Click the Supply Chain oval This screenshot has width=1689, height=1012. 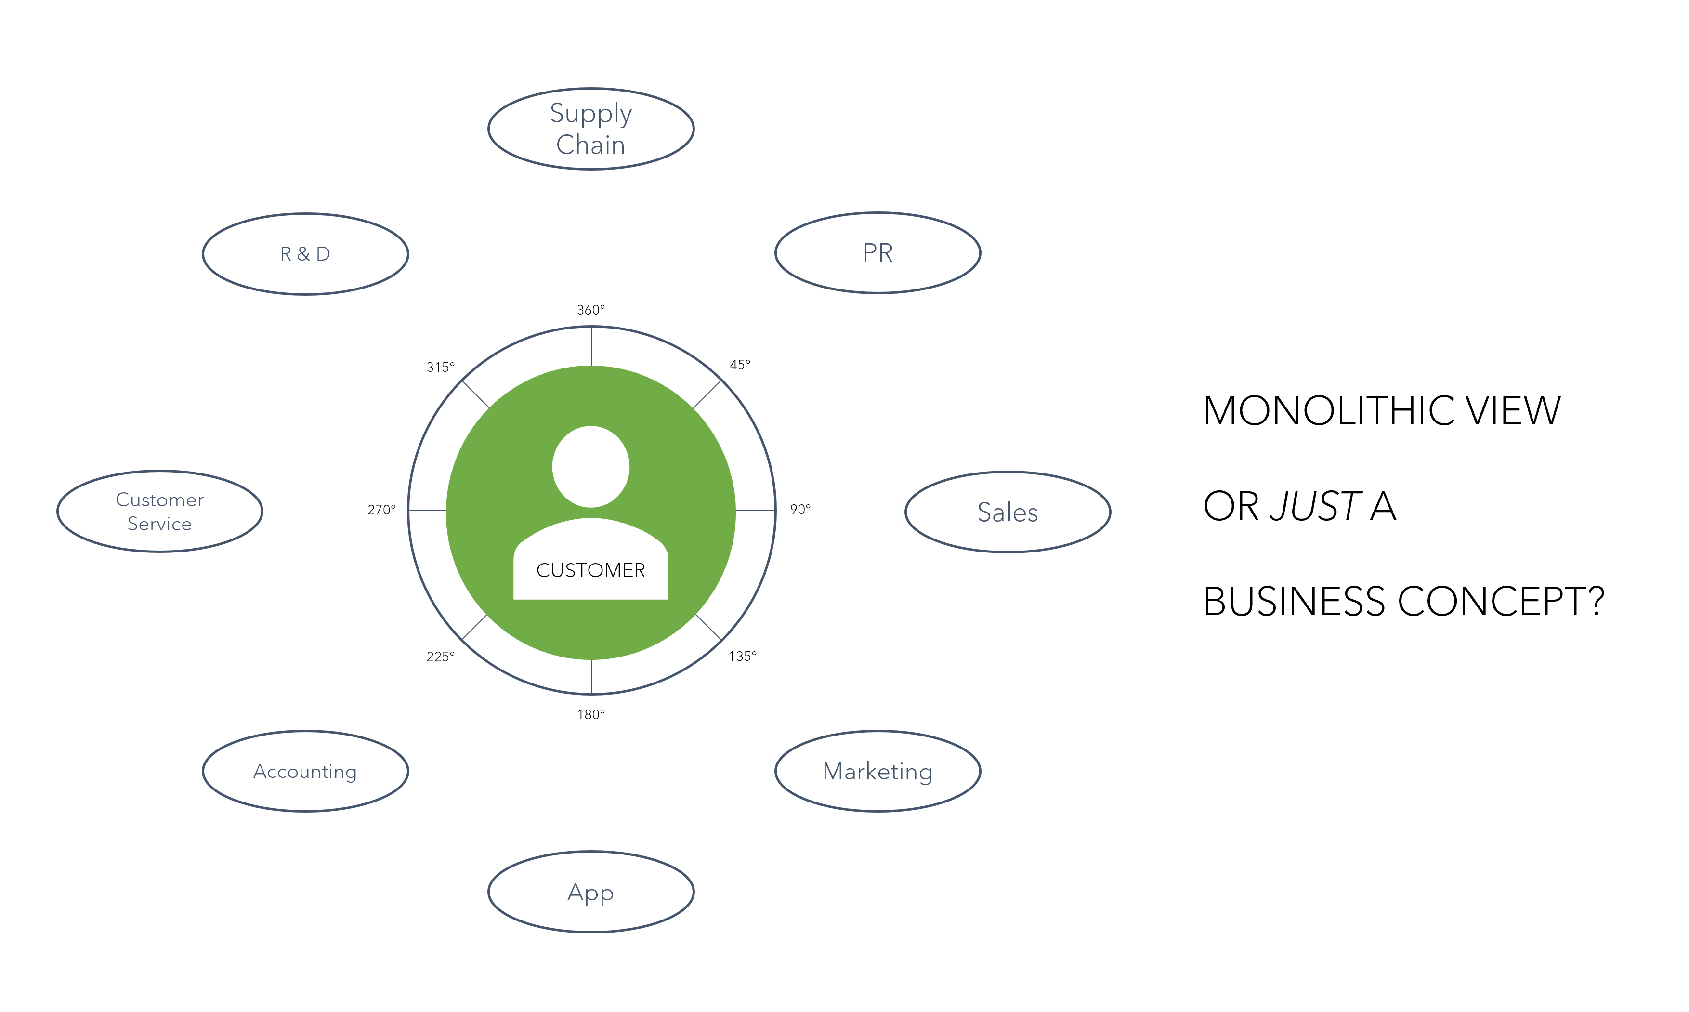pos(590,129)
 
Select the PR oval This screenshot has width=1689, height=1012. pos(877,253)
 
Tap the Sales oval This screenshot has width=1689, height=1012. pos(1007,512)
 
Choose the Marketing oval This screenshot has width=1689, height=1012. pos(877,771)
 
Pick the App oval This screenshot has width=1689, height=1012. pos(590,892)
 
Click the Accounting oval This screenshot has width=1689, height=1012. pos(305,771)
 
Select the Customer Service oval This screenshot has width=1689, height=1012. pos(159,512)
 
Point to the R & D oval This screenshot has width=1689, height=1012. pos(305,254)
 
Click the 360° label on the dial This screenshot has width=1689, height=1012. pos(590,310)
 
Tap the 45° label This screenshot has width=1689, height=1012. pos(740,365)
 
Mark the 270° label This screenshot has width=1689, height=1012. pos(381,510)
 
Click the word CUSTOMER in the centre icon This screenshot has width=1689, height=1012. pos(590,570)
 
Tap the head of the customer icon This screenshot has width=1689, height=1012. pos(590,466)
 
